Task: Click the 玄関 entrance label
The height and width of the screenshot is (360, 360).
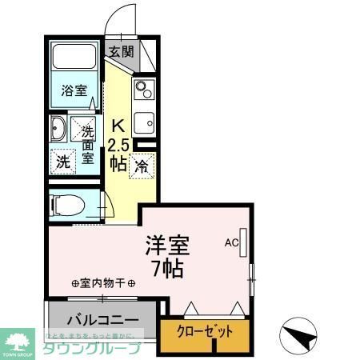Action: point(122,54)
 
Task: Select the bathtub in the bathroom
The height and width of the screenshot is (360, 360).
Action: point(74,58)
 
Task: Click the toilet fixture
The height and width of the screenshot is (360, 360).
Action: point(68,203)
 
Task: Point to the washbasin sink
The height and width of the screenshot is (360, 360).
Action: point(58,128)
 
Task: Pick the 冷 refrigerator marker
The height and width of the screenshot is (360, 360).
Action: point(141,166)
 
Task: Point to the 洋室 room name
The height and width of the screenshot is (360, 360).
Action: point(166,243)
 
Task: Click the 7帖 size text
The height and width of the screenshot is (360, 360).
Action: point(166,268)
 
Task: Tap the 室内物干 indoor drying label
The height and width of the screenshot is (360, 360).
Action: point(103,282)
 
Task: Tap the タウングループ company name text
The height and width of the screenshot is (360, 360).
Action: point(90,348)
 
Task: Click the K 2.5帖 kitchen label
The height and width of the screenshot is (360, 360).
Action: point(118,144)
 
